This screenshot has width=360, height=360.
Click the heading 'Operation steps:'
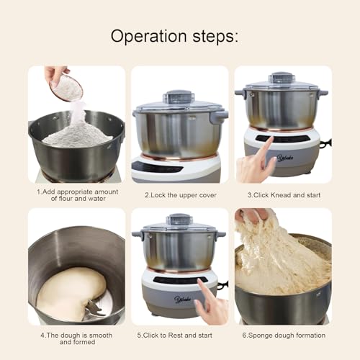[180, 36]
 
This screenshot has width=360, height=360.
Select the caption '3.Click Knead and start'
[283, 195]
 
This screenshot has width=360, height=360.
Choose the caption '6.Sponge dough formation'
[283, 336]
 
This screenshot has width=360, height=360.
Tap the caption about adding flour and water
[76, 195]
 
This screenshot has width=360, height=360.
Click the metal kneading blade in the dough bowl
[94, 309]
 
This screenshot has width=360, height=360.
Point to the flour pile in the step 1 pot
[77, 134]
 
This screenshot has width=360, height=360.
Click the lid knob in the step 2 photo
[179, 96]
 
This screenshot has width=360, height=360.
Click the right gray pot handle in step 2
[219, 114]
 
